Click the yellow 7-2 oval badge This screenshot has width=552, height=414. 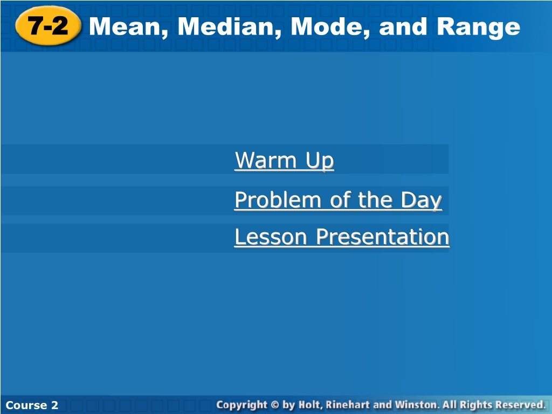click(x=48, y=26)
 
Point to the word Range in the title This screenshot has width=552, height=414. click(x=479, y=27)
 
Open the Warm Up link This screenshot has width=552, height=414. click(x=284, y=161)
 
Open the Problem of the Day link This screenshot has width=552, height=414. click(x=339, y=201)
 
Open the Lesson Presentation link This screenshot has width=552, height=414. click(x=342, y=237)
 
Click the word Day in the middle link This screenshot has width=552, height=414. click(x=421, y=201)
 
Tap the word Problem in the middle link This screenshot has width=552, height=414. click(x=278, y=201)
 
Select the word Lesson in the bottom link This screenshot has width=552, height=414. click(x=271, y=237)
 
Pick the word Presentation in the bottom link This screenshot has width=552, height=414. click(x=383, y=237)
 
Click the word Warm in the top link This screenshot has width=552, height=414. click(x=265, y=160)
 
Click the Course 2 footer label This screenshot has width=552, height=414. click(x=32, y=405)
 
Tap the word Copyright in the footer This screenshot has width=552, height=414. click(x=242, y=405)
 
